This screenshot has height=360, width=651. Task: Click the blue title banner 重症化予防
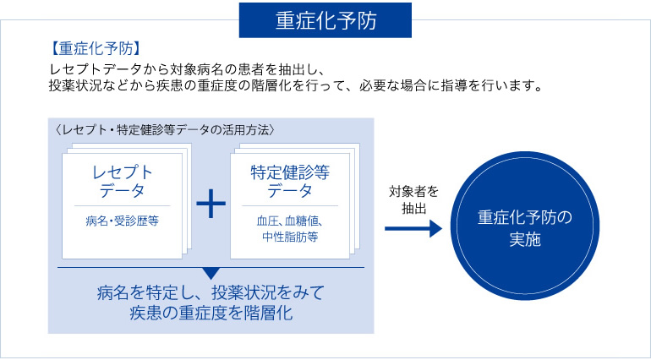(325, 20)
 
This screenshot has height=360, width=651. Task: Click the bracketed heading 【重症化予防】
(94, 49)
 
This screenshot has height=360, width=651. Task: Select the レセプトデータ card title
(122, 181)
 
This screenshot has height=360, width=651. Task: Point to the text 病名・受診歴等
(122, 221)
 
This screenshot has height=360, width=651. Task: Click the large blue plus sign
(211, 204)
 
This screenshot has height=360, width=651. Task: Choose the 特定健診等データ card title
(290, 181)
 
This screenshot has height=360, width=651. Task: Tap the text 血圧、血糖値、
(290, 221)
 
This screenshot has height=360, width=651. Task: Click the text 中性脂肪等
(290, 237)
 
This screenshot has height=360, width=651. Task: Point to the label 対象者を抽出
(413, 200)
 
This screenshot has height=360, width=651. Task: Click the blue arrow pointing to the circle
(413, 228)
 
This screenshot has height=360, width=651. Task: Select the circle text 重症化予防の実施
(525, 229)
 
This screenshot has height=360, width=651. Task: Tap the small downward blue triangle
(211, 273)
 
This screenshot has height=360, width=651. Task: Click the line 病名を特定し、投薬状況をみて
(210, 294)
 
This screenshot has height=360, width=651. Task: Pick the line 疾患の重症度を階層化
(211, 314)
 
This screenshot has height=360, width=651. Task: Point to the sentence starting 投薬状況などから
(297, 87)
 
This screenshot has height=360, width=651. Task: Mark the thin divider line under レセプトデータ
(122, 205)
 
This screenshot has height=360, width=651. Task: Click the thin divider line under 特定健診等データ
(290, 205)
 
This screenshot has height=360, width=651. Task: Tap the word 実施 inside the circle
(525, 240)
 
